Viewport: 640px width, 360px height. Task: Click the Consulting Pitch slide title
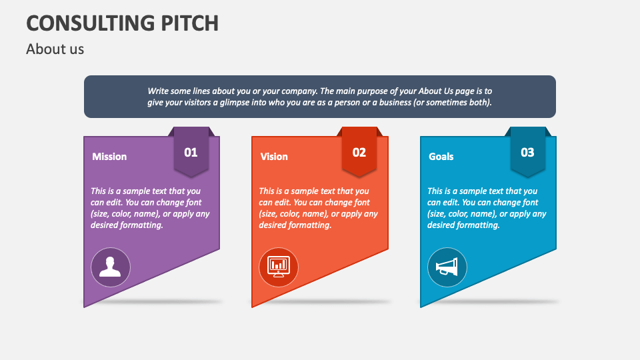click(122, 23)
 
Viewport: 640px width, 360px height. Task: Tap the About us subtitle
click(55, 49)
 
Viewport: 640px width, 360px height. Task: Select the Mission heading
click(109, 157)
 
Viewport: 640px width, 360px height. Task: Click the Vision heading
click(274, 157)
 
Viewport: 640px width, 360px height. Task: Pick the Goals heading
click(441, 157)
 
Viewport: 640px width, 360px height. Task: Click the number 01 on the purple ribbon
click(191, 153)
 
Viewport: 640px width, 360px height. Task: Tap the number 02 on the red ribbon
click(359, 153)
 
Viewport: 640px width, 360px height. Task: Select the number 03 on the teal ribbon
click(527, 153)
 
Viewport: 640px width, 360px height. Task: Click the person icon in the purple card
click(110, 267)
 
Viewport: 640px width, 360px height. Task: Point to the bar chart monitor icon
click(279, 267)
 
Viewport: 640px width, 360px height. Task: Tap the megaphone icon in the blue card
click(447, 267)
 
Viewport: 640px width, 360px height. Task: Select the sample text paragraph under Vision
click(318, 208)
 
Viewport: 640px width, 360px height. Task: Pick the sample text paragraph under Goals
click(487, 208)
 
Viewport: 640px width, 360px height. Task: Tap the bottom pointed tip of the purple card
click(85, 305)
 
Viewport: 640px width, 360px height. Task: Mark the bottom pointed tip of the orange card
click(253, 305)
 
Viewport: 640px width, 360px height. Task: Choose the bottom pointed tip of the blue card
click(421, 305)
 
